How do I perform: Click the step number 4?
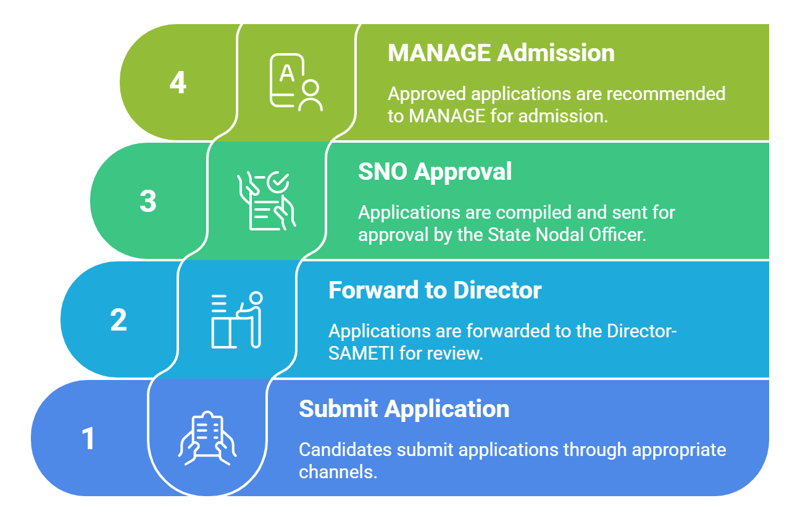(x=178, y=83)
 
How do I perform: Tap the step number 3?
(x=148, y=201)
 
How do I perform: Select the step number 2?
(x=119, y=320)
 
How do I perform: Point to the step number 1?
(x=89, y=439)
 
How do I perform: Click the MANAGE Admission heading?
(x=501, y=53)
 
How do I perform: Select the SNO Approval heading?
(x=435, y=172)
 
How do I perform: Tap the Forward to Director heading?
(x=435, y=290)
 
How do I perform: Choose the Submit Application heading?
(x=404, y=409)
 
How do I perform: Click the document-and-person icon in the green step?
(x=295, y=83)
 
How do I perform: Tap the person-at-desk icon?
(x=237, y=320)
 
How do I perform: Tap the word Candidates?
(x=345, y=449)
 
